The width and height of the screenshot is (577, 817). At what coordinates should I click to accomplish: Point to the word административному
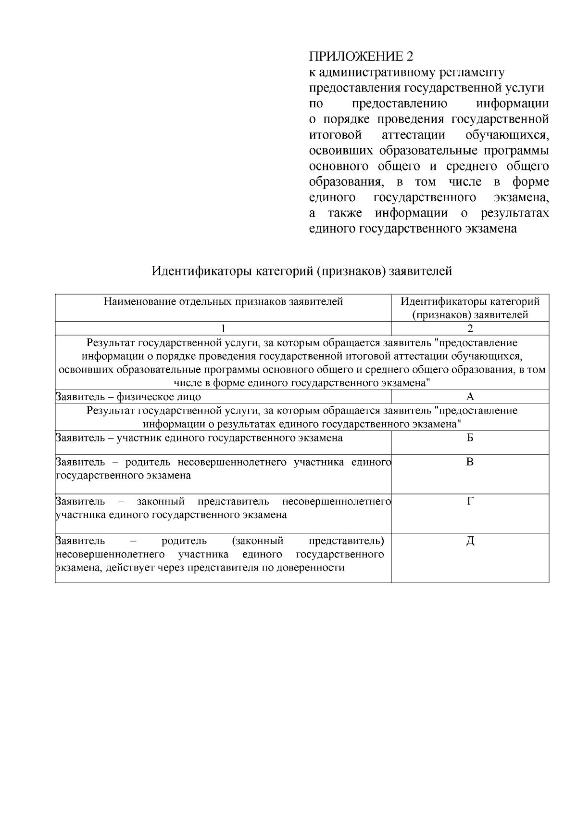coord(375,73)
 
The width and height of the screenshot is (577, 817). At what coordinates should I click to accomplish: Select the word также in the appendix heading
coord(345,213)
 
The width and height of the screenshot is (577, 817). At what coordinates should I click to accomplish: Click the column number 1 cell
coord(223,329)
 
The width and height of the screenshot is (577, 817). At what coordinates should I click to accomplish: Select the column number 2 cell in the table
coord(470,329)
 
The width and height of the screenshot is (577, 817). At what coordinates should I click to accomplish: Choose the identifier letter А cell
coord(470,397)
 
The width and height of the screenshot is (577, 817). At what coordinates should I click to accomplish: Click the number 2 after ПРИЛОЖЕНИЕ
coord(409,57)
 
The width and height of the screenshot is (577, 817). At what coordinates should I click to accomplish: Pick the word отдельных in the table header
coord(205,302)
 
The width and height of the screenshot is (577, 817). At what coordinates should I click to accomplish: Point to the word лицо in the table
coord(190,397)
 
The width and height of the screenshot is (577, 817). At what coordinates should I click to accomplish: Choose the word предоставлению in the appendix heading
coord(400,104)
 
